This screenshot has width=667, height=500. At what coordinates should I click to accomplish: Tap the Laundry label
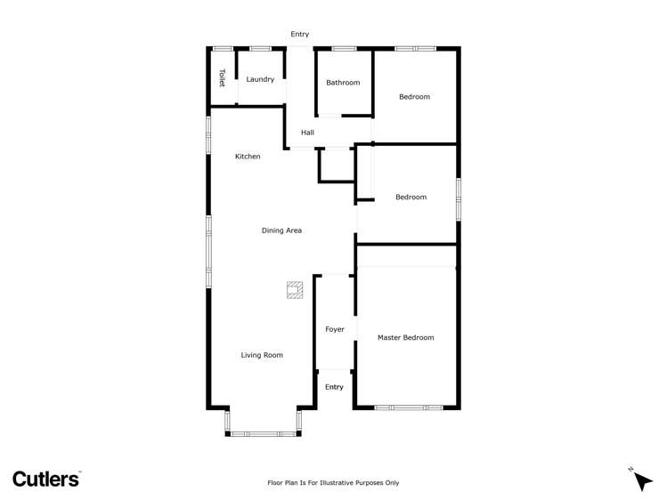(x=260, y=79)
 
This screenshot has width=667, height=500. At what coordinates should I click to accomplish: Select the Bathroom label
(x=343, y=83)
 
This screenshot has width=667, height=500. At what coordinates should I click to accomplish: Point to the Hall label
(x=307, y=133)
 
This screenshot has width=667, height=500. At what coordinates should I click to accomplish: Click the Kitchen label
(x=248, y=157)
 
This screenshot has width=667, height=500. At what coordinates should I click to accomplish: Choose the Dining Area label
(x=281, y=230)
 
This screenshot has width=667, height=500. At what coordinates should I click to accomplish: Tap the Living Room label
(x=262, y=355)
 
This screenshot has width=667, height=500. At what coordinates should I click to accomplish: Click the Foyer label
(x=334, y=329)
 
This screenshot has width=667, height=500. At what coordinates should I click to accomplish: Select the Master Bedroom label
(x=405, y=337)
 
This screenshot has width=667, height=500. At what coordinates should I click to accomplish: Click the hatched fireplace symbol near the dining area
(x=295, y=289)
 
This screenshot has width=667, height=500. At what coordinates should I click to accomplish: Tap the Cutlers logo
(x=46, y=478)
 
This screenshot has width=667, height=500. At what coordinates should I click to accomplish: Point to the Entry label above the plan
(x=299, y=34)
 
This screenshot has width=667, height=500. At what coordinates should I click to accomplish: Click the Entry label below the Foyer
(x=334, y=387)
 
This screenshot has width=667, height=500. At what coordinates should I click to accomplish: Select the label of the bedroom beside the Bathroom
(x=414, y=97)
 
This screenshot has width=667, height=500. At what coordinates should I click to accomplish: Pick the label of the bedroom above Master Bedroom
(x=411, y=197)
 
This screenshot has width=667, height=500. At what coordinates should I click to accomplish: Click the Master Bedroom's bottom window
(x=408, y=407)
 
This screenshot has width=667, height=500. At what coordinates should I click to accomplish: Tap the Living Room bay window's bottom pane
(x=263, y=434)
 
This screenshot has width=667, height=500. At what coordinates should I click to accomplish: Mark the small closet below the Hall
(x=337, y=165)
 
